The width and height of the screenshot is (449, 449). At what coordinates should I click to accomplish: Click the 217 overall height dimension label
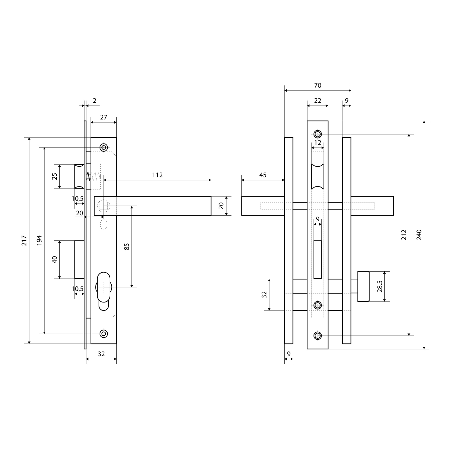[24, 240]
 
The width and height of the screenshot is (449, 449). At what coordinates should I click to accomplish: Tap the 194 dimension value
[39, 240]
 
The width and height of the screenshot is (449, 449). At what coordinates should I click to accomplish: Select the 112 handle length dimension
[158, 175]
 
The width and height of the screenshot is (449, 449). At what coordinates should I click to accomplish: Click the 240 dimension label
[419, 235]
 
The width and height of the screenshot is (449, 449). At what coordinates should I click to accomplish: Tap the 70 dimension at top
[318, 86]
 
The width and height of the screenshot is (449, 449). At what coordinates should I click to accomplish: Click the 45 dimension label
[263, 175]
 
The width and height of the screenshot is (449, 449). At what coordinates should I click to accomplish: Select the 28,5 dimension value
[380, 286]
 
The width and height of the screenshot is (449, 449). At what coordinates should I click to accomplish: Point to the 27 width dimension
[104, 117]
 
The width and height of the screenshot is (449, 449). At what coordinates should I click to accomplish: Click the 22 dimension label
[318, 101]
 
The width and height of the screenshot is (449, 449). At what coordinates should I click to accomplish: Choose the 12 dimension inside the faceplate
[318, 143]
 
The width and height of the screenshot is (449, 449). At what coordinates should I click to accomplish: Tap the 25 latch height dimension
[54, 176]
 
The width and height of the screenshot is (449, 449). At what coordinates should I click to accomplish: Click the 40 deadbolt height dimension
[54, 259]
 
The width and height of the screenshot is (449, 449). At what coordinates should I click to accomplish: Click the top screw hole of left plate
[104, 148]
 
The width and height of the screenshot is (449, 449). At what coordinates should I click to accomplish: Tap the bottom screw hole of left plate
[104, 334]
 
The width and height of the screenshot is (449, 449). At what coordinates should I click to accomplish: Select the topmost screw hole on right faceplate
[318, 134]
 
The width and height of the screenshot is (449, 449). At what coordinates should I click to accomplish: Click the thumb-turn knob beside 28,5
[363, 286]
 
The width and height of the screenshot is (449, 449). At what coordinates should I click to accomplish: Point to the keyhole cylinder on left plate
[104, 291]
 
